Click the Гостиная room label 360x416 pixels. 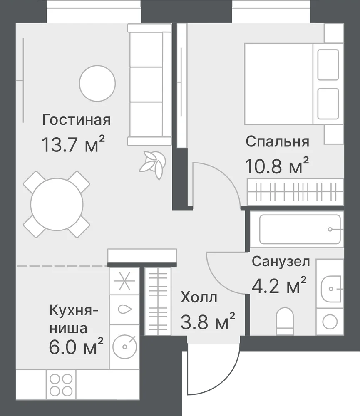click(x=76, y=120)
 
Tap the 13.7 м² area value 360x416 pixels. click(x=73, y=144)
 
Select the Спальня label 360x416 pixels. click(x=278, y=142)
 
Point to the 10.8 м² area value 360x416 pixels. click(x=277, y=166)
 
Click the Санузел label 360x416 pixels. click(x=281, y=261)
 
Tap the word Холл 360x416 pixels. click(x=199, y=297)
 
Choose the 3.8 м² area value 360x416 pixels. click(x=208, y=321)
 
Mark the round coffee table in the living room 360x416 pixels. click(x=97, y=83)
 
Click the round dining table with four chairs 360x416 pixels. click(x=57, y=204)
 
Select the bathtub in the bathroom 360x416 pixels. click(x=300, y=230)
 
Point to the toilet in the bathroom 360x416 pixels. click(x=285, y=321)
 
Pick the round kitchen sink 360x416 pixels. click(x=124, y=346)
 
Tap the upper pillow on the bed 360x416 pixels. click(x=328, y=65)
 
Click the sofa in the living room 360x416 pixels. click(x=149, y=84)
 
